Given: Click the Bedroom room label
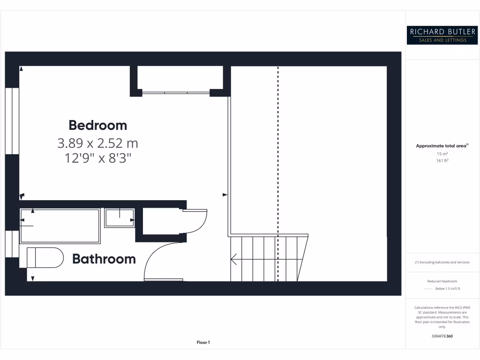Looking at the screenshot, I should coord(97,125).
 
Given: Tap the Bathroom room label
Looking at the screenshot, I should coord(104,259).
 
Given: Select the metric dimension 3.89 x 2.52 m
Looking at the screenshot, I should coord(97,142).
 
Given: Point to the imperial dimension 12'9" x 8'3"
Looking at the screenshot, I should coord(97,158).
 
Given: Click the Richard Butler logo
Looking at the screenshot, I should coord(442,35).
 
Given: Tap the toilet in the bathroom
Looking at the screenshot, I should coord(45,257).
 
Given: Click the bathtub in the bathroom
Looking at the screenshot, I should coord(60,226).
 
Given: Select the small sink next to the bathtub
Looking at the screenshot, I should coord(119,218).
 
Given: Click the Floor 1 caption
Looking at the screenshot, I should coord(203,343).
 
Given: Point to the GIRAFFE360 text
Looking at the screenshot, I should coord(442,336).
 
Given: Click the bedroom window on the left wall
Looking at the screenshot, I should coord(12,121).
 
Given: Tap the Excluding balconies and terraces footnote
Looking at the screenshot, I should coord(442,262).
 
